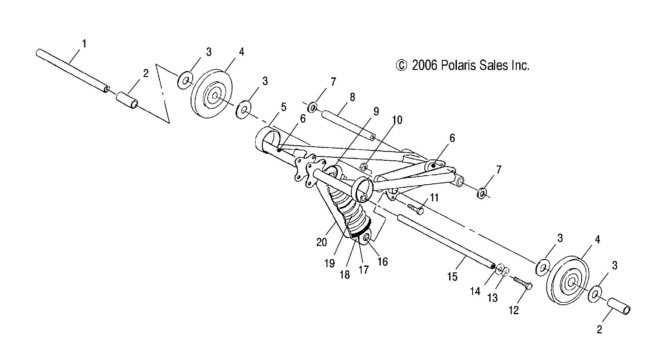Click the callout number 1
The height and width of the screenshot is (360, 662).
click(84, 44)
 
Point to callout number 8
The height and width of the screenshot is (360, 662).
click(352, 97)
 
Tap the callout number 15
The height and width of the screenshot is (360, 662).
click(452, 277)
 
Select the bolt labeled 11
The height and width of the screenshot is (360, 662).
click(415, 208)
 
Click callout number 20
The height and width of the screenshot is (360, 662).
click(321, 242)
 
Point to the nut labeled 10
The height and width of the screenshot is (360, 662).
click(364, 166)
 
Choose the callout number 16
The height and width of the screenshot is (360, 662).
click(382, 261)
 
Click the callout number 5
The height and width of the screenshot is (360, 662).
click(283, 107)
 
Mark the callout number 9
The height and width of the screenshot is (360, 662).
click(376, 112)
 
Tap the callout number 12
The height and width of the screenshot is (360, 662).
click(513, 310)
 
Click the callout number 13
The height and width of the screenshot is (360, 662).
click(492, 298)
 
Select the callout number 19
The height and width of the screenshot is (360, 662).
click(329, 263)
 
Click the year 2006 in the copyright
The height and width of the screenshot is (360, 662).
click(424, 65)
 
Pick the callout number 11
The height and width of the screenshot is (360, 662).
click(434, 198)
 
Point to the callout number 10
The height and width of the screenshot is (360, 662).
click(397, 120)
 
